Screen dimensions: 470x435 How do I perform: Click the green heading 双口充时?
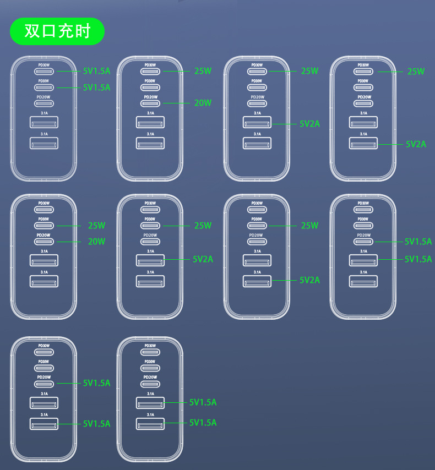[57, 31]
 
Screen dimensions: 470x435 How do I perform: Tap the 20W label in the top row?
[203, 102]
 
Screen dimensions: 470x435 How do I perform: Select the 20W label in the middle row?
[96, 241]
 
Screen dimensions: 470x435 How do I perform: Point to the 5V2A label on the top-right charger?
[416, 144]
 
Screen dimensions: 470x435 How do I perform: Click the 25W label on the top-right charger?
[416, 71]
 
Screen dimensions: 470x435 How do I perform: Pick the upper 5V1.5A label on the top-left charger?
[96, 70]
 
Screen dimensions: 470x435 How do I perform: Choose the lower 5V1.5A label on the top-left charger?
[96, 87]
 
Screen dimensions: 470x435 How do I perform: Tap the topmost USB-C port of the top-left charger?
[44, 71]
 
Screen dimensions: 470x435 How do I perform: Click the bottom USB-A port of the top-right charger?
[363, 144]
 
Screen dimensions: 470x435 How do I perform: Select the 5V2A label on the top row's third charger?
[309, 124]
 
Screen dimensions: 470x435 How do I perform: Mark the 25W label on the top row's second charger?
[203, 70]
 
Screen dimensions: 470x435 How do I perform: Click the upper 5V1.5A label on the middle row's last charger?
[418, 241]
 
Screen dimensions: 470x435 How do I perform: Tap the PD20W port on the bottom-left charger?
[44, 383]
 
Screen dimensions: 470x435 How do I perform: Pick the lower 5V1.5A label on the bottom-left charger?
[96, 423]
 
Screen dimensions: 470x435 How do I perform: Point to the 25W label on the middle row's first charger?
[96, 225]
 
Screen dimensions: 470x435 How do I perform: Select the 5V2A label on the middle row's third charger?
[309, 280]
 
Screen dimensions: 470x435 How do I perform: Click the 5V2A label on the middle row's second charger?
[203, 259]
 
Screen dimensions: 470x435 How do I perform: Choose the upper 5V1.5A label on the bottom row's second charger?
[203, 402]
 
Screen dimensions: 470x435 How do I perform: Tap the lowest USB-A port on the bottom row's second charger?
[150, 423]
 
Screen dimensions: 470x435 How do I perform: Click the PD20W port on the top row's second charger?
[150, 103]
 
